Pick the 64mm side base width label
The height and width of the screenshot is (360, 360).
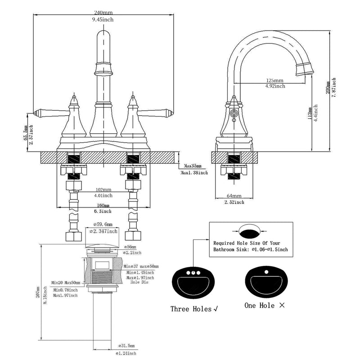234,196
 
